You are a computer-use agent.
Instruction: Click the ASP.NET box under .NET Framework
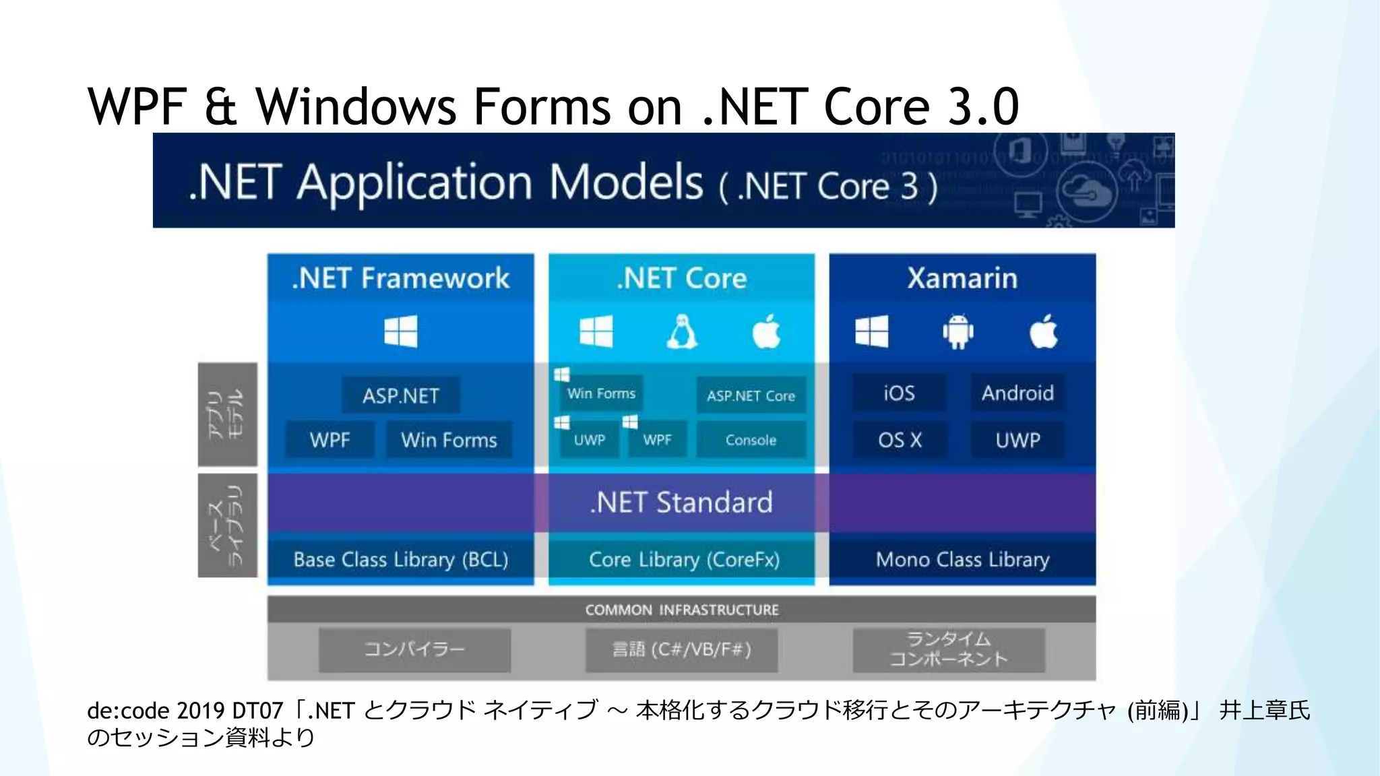[400, 395]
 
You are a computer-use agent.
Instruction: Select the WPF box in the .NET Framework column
[330, 440]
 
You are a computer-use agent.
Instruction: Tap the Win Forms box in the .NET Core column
[601, 393]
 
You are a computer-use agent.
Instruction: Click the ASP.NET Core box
[751, 395]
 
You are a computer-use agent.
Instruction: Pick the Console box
[751, 440]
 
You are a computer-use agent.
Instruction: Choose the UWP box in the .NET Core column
[589, 440]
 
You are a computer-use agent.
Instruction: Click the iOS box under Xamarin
[899, 393]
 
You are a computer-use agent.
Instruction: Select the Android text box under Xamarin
[1017, 393]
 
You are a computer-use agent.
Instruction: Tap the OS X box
[899, 440]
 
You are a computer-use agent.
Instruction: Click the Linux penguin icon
[682, 331]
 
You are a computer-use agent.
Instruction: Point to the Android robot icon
[958, 331]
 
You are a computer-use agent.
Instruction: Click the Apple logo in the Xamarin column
[1044, 331]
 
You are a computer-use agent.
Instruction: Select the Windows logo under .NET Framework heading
[400, 331]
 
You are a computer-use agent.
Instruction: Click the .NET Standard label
[681, 503]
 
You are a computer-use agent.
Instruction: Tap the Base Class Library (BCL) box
[400, 559]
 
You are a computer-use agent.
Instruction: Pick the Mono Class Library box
[962, 559]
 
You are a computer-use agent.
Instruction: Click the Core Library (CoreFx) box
[683, 559]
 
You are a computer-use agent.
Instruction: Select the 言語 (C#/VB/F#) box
[681, 649]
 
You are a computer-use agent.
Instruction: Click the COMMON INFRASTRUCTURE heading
[681, 610]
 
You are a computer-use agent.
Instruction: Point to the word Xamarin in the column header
[962, 278]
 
